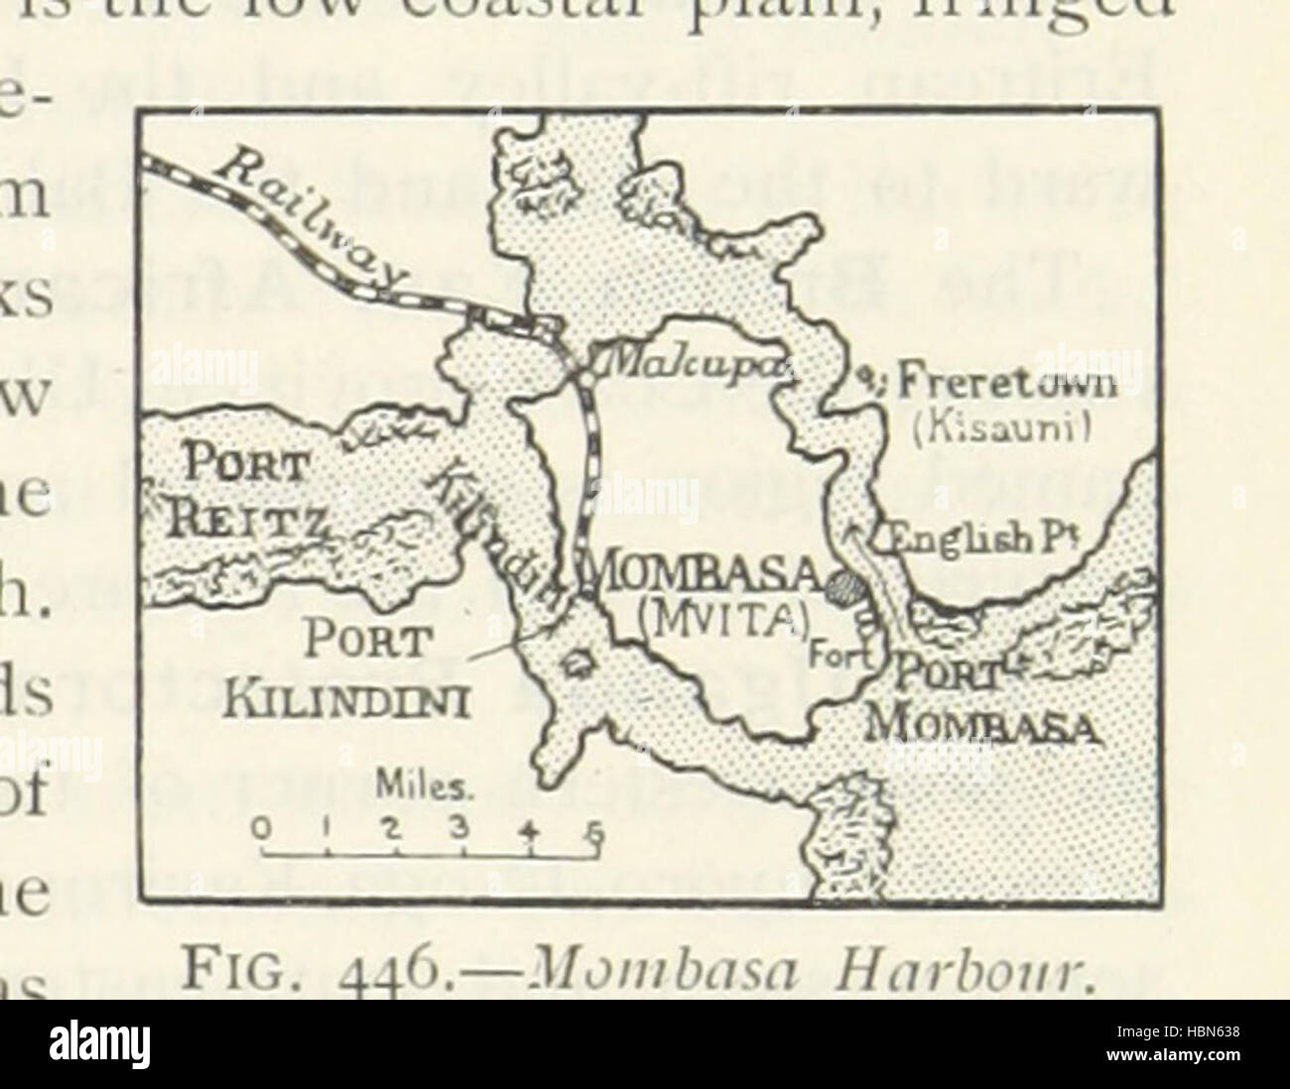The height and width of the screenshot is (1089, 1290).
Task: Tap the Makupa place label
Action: point(697,371)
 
